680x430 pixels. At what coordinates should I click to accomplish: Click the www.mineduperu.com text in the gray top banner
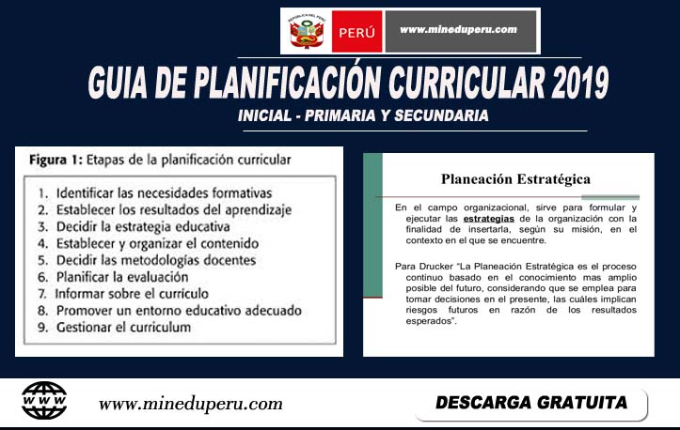tap(459, 29)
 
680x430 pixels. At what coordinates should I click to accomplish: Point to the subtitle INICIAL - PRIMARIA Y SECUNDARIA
tap(363, 116)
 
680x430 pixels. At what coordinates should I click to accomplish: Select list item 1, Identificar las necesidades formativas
tap(154, 192)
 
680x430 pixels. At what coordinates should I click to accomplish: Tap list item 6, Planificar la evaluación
tap(121, 277)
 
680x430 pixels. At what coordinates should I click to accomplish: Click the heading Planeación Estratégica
tap(515, 178)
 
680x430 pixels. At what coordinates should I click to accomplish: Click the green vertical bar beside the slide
tap(373, 193)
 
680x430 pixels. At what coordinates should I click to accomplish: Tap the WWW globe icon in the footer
tap(44, 401)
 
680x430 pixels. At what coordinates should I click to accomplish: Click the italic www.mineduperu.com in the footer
tap(191, 404)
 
